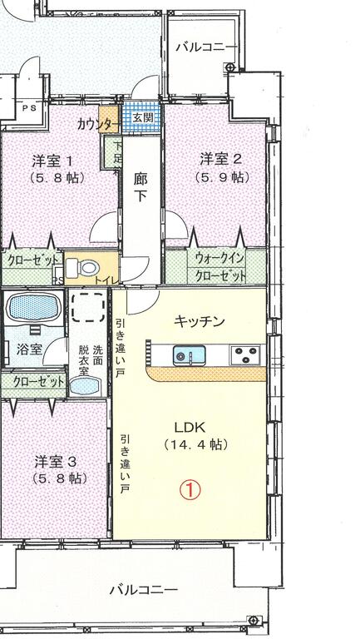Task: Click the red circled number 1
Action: pos(190,490)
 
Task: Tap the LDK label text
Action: pos(190,428)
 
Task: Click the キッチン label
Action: pos(199,320)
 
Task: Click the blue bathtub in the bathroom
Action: pos(32,309)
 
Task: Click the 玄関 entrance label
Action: pos(142,118)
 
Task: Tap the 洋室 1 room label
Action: pos(53,160)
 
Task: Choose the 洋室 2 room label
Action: pos(220,158)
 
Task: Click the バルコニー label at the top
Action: pos(205,47)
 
